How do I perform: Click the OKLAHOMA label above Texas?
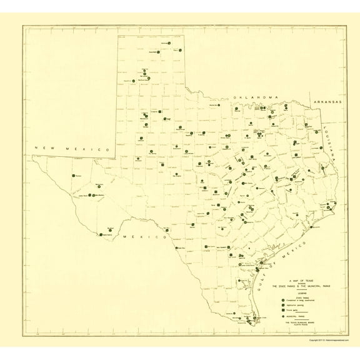[256, 99]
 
